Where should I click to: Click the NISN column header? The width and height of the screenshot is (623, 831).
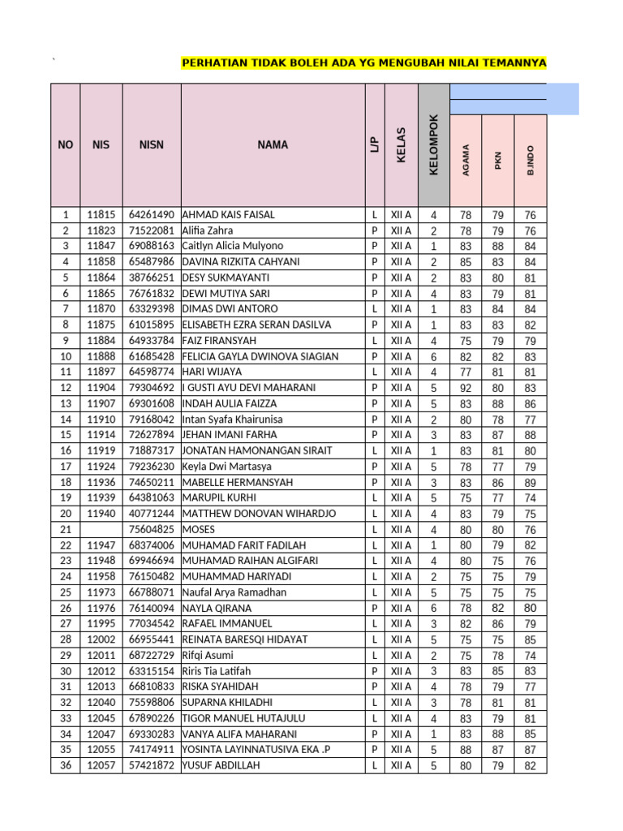[151, 144]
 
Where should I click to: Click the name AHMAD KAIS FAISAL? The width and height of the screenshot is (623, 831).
[229, 215]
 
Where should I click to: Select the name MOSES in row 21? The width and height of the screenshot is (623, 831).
[199, 529]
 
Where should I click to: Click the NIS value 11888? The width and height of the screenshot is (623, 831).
[101, 356]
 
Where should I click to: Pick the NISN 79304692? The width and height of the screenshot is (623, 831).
[151, 388]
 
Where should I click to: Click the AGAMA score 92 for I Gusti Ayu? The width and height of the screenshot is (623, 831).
[466, 388]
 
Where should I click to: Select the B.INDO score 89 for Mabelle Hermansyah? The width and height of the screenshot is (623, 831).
[530, 482]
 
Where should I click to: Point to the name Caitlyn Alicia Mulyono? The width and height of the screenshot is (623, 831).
[233, 246]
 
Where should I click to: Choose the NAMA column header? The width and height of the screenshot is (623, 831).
[273, 144]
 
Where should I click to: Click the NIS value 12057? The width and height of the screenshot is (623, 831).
[101, 765]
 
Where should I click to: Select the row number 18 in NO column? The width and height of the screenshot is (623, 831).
[65, 482]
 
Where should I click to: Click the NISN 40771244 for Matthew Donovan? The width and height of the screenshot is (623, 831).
[151, 514]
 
